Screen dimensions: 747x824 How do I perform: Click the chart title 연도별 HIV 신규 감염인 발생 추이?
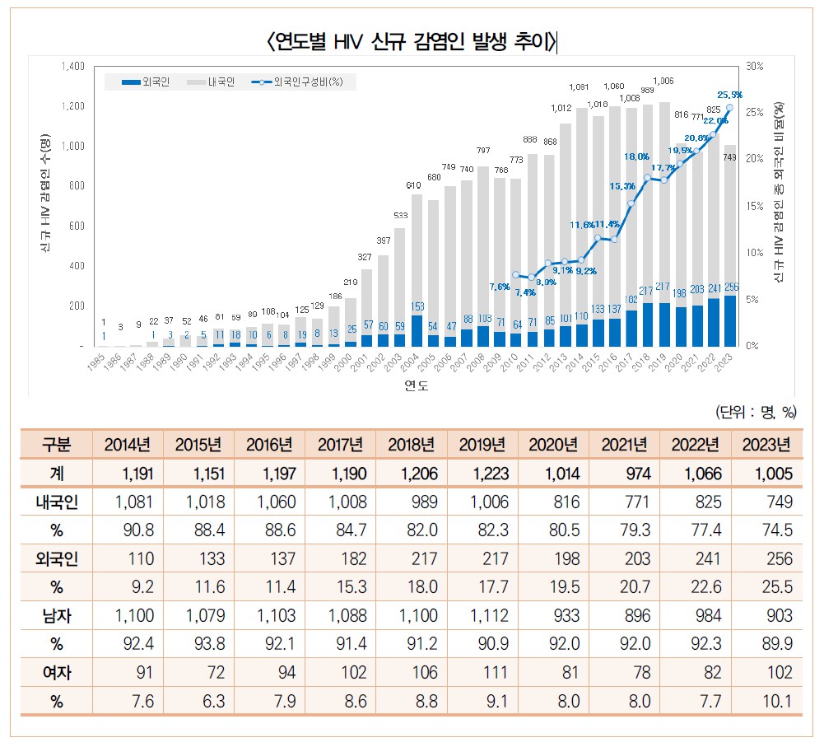[411, 40]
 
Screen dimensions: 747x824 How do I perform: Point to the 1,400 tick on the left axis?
[73, 66]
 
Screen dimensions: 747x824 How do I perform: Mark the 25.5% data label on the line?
[729, 95]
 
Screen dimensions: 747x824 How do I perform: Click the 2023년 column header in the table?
[766, 446]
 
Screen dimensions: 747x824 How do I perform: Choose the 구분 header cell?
[57, 446]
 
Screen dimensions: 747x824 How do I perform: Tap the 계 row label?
[57, 474]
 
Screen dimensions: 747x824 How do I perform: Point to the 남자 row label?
[57, 615]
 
